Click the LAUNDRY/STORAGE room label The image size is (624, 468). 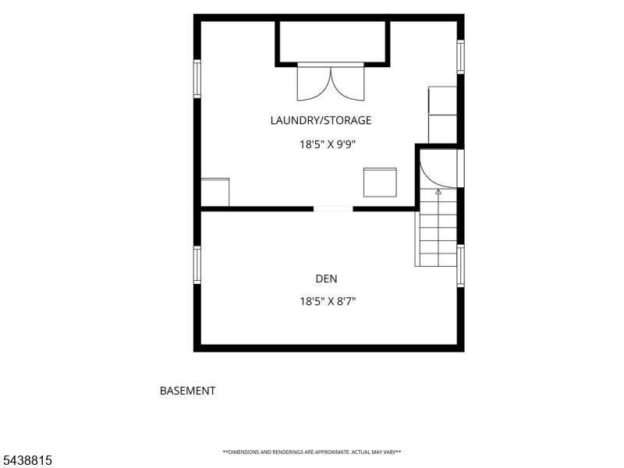pos(321,120)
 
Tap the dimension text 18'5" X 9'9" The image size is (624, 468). pos(327,144)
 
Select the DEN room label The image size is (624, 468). pos(326,278)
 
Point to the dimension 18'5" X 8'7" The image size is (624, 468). pos(328,301)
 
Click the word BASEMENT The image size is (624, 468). pos(187,391)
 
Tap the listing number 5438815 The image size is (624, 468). pos(27,460)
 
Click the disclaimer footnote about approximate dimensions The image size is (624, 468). pos(311,452)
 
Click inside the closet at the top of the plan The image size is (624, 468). pos(332,41)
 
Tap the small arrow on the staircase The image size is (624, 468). pos(438,192)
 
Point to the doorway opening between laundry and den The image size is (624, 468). pos(333,209)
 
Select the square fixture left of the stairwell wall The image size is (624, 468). pos(380,183)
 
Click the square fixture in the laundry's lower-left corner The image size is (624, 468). pos(215,192)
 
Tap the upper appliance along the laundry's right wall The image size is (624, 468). pos(442,101)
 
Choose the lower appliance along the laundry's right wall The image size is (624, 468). pos(442,129)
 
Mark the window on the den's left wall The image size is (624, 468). pos(197,264)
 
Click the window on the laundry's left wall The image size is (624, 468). pos(197,79)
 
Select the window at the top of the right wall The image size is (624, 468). pos(460,56)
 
